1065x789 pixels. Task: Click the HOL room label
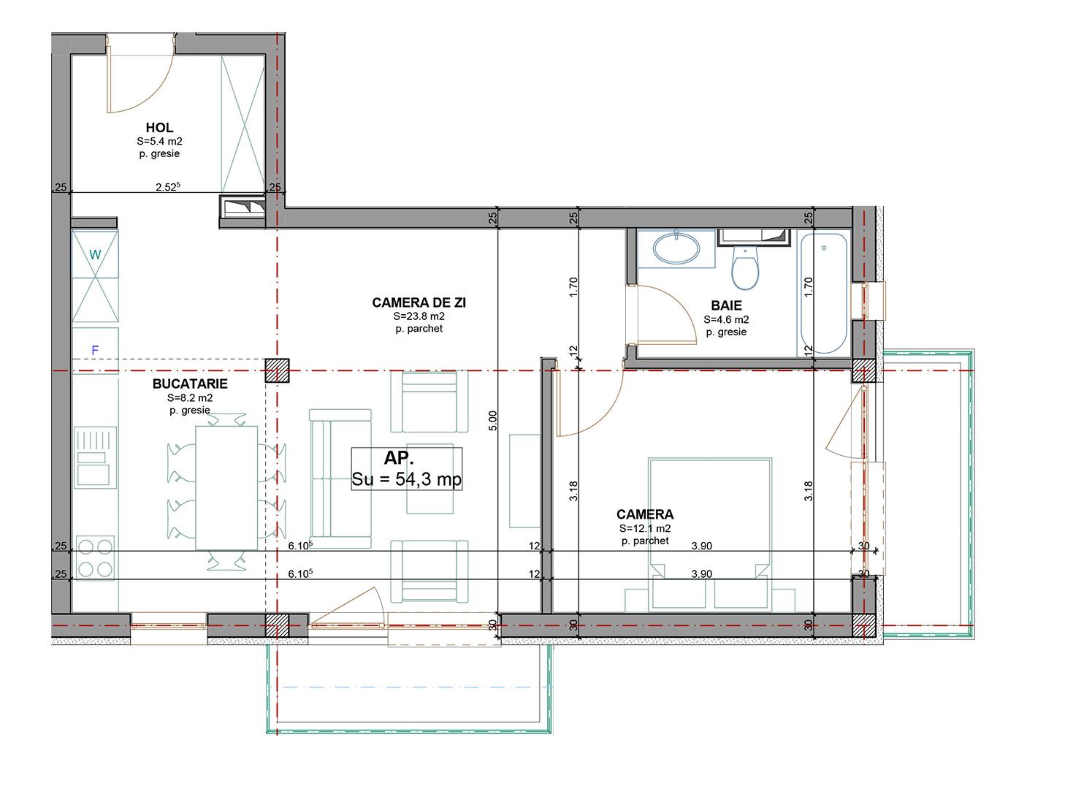click(x=159, y=128)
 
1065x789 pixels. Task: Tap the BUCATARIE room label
click(x=190, y=384)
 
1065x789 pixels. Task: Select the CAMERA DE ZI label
click(x=419, y=302)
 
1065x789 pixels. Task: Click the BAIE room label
click(x=726, y=305)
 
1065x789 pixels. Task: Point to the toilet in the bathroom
click(x=745, y=267)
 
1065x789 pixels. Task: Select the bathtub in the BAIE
click(x=823, y=292)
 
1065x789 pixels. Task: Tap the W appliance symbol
click(x=95, y=254)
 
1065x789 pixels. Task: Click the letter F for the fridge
click(x=95, y=351)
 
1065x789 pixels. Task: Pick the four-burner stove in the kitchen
click(x=96, y=558)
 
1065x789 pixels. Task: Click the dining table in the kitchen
click(x=226, y=487)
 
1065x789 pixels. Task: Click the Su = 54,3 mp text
click(x=406, y=479)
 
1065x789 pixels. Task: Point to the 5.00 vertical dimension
click(x=492, y=420)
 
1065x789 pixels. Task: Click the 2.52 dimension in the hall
click(x=167, y=187)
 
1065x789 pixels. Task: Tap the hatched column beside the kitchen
click(x=277, y=371)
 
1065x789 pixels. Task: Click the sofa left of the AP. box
click(x=340, y=479)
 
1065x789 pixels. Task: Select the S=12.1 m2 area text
click(x=645, y=528)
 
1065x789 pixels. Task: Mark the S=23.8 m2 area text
click(x=419, y=317)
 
